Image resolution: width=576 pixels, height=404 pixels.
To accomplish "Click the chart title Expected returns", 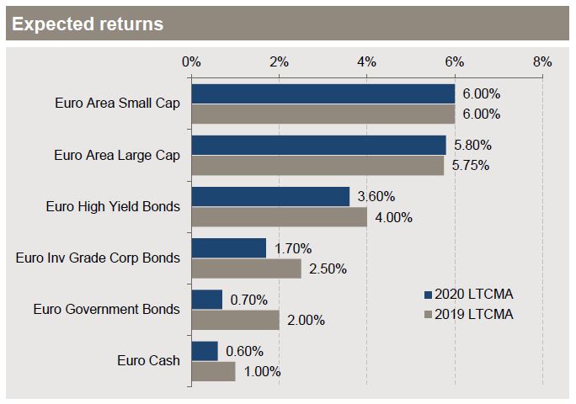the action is pyautogui.click(x=88, y=24).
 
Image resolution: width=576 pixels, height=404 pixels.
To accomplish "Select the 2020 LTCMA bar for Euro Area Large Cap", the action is pyautogui.click(x=318, y=145).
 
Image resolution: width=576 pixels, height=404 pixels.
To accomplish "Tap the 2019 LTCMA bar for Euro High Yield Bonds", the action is pyautogui.click(x=280, y=216).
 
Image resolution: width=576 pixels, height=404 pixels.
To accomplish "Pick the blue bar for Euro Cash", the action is pyautogui.click(x=205, y=351).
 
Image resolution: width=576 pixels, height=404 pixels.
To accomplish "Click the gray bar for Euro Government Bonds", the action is pyautogui.click(x=235, y=320).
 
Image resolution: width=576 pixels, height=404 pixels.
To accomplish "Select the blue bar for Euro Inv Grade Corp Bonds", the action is pyautogui.click(x=228, y=248).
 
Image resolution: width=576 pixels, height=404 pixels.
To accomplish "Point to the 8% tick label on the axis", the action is pyautogui.click(x=542, y=61).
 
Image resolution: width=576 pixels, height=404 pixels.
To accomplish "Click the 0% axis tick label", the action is pyautogui.click(x=191, y=61).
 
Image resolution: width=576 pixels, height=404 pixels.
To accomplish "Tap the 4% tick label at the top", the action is pyautogui.click(x=366, y=61).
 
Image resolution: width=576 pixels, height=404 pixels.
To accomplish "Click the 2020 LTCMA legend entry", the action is pyautogui.click(x=469, y=295).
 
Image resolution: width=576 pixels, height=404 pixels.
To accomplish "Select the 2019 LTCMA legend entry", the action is pyautogui.click(x=469, y=315).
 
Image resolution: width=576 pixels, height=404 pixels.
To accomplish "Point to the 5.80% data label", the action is pyautogui.click(x=472, y=145).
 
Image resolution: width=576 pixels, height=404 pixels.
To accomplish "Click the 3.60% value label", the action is pyautogui.click(x=376, y=196).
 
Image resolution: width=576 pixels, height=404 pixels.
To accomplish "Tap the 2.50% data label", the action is pyautogui.click(x=328, y=268).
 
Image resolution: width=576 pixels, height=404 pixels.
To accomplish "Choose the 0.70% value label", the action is pyautogui.click(x=248, y=300).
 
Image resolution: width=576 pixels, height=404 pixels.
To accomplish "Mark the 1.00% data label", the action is pyautogui.click(x=262, y=372).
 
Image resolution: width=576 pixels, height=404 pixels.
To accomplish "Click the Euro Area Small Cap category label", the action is pyautogui.click(x=118, y=104).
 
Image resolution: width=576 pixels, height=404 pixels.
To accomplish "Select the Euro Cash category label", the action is pyautogui.click(x=148, y=361).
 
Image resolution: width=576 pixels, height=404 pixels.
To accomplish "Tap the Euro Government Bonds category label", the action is pyautogui.click(x=107, y=309).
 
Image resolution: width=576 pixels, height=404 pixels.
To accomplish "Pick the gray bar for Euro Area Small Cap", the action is pyautogui.click(x=323, y=114).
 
